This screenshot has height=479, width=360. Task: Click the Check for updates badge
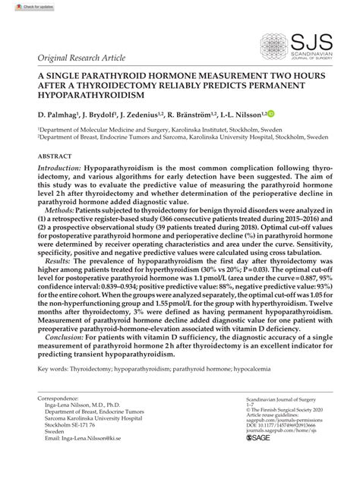click(21, 6)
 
